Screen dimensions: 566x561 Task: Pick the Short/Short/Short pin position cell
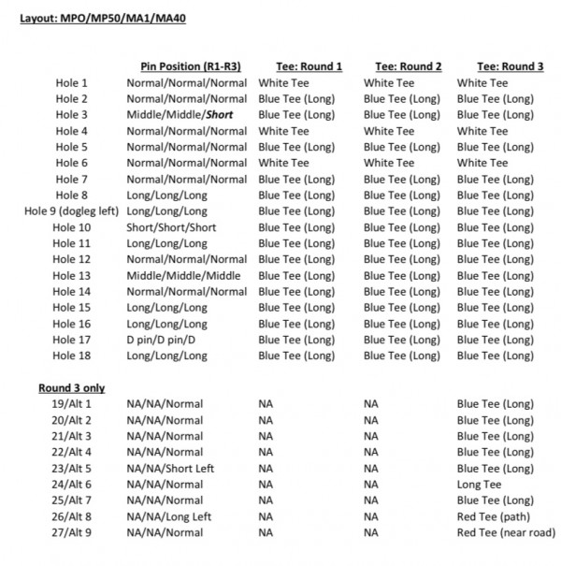pos(172,227)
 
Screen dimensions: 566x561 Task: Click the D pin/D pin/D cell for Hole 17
pos(167,340)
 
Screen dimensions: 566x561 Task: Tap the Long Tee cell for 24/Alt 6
pos(479,485)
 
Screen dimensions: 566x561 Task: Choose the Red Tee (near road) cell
pos(506,532)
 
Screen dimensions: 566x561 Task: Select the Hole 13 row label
pos(71,276)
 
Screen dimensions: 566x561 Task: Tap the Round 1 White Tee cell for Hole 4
pos(283,131)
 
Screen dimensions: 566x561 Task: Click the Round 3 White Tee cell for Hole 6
pos(482,163)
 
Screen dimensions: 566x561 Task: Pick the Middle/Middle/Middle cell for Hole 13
pos(183,276)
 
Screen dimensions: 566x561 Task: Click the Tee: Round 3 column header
pos(510,66)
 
